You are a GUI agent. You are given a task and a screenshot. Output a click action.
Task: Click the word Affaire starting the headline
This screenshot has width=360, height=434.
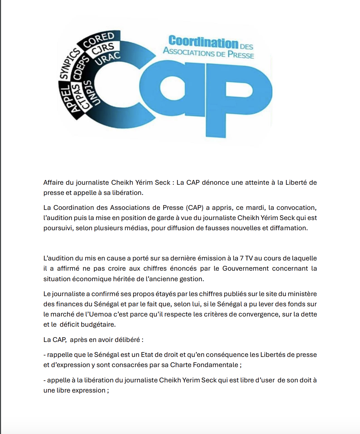(53, 182)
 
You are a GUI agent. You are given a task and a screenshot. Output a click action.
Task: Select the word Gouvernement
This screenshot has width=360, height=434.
(246, 268)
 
